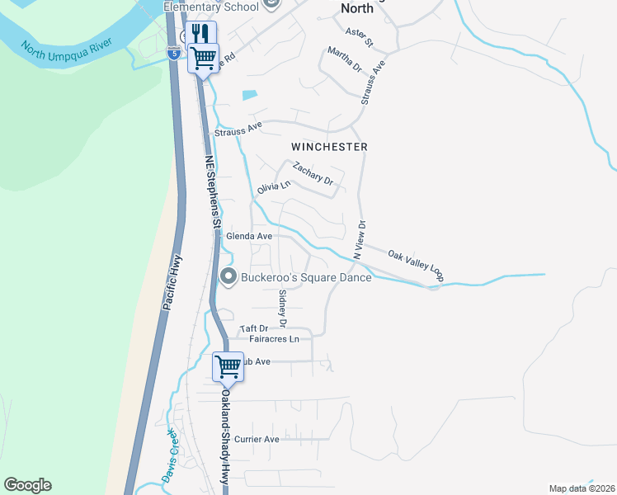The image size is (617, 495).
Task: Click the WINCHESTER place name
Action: [x=329, y=146]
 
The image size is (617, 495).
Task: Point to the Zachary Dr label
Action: [x=313, y=174]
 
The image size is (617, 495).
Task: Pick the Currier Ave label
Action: [x=257, y=440]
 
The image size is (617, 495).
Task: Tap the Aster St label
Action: [x=360, y=35]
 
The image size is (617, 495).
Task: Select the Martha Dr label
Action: [x=344, y=59]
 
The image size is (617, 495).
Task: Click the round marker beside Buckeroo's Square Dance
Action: [x=229, y=277]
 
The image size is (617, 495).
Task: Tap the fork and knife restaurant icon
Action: [x=200, y=34]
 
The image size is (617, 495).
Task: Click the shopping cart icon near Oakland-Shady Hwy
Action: [x=228, y=365]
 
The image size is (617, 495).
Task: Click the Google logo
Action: [x=27, y=485]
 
